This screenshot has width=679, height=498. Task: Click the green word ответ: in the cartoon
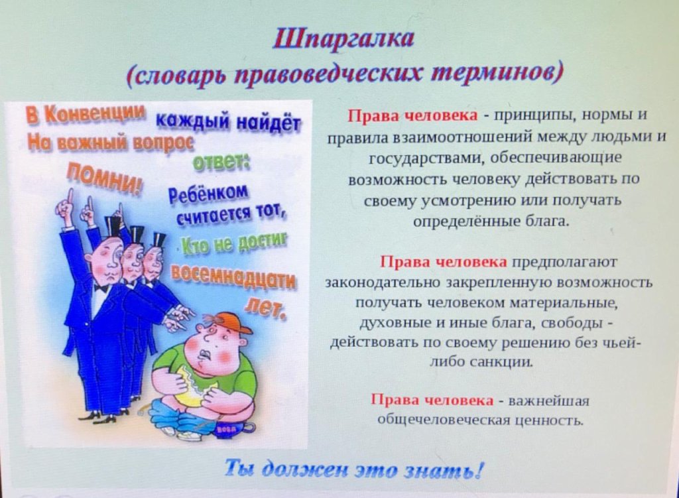(x=221, y=164)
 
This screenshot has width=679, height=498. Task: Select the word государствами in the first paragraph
(x=426, y=158)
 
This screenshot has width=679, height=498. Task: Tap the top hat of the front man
(x=114, y=227)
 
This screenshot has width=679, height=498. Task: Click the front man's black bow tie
(x=101, y=287)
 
